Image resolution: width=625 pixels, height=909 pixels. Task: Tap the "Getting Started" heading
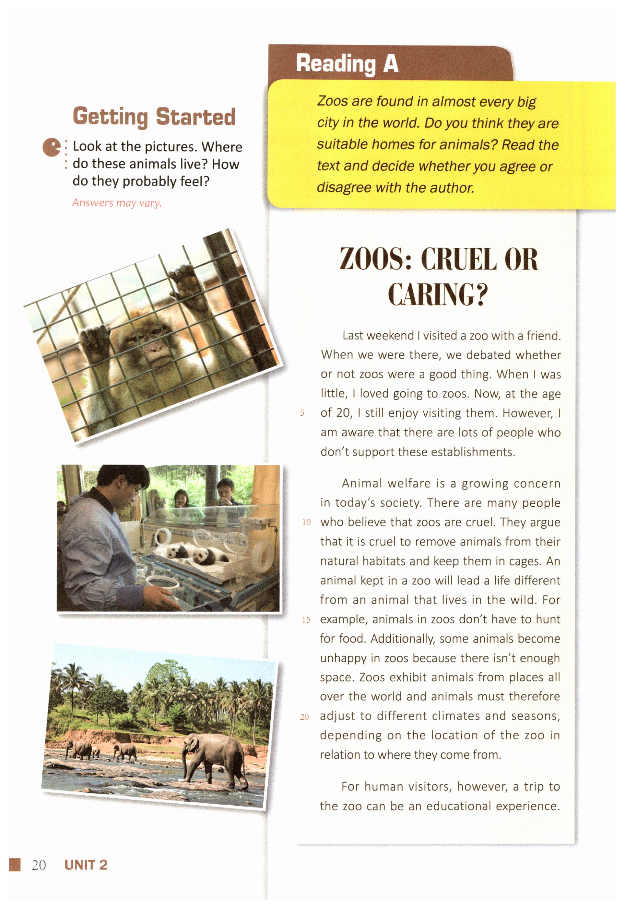click(x=154, y=117)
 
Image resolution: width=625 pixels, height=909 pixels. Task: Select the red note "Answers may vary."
click(x=117, y=203)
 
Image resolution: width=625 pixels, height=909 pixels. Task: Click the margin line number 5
click(x=302, y=413)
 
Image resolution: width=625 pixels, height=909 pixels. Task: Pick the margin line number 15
click(x=306, y=620)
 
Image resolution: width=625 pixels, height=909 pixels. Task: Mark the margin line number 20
click(x=304, y=717)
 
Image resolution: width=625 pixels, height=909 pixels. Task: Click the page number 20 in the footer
click(x=39, y=865)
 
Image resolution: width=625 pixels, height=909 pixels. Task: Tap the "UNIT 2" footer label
click(x=86, y=865)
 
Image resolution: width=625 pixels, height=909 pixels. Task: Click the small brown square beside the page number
click(x=15, y=865)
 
